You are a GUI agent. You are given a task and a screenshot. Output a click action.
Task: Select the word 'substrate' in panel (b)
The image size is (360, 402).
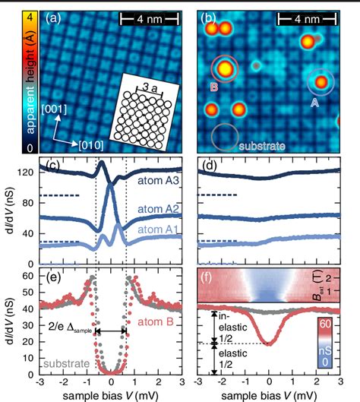click(263, 142)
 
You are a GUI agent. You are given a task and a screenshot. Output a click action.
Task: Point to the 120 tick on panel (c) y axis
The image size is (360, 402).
click(27, 172)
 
